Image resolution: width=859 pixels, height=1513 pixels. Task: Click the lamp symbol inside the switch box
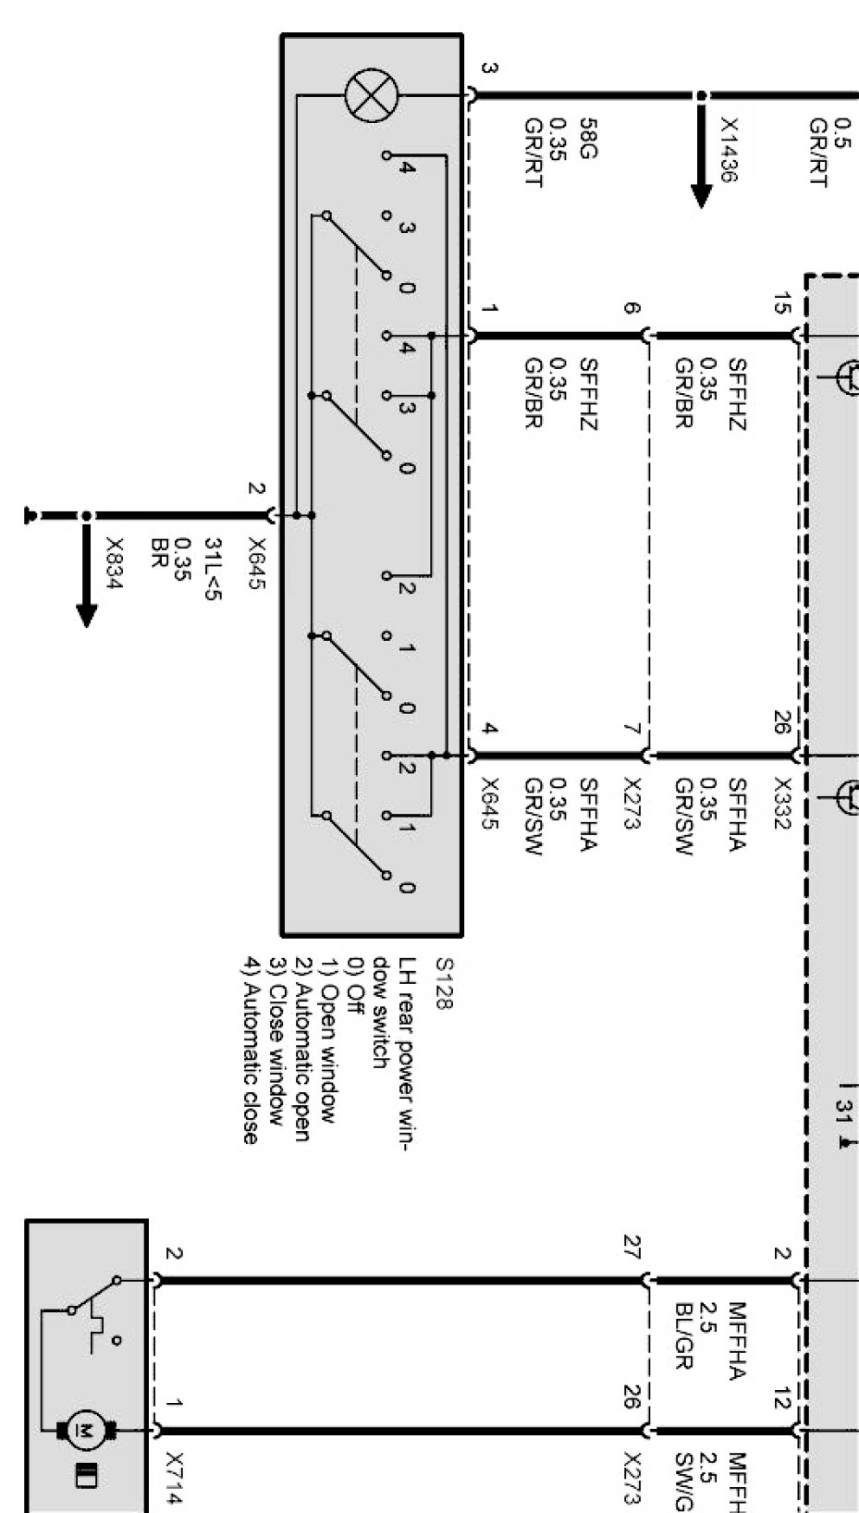371,96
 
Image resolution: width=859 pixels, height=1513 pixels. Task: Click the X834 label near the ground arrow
115,562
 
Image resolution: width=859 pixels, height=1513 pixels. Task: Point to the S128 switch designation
444,984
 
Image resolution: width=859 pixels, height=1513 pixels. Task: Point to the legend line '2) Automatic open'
301,1050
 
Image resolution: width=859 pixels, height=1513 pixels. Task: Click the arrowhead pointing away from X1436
702,195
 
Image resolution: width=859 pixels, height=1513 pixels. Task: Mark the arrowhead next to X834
87,614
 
